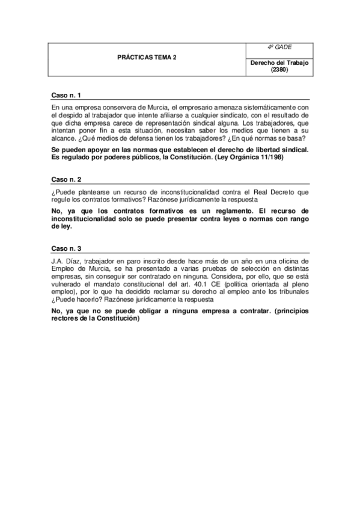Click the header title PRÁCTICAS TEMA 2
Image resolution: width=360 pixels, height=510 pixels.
coord(147,58)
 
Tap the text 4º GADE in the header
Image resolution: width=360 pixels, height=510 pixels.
coord(279,48)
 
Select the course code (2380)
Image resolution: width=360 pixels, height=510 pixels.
coord(279,70)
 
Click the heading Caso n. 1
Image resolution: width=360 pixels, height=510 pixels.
coord(66,96)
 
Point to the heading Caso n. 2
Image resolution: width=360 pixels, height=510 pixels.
coord(66,180)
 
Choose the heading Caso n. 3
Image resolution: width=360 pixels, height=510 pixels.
coord(66,248)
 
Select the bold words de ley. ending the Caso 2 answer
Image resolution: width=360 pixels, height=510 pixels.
coord(63,227)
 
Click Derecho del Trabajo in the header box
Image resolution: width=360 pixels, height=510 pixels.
coord(279,63)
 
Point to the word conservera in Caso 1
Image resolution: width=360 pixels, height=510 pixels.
coord(108,107)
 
